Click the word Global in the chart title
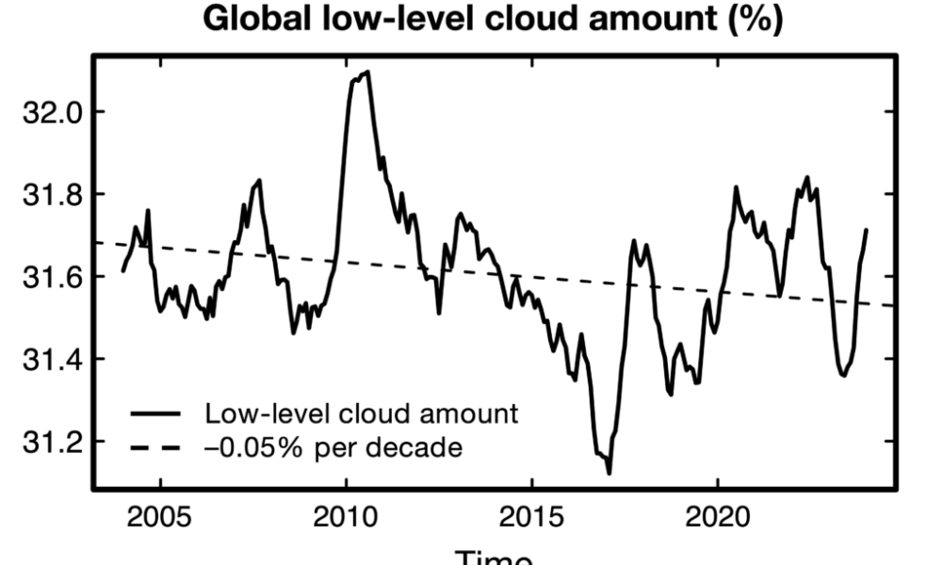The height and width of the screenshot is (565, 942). point(253,20)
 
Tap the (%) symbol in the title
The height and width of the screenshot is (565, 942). point(753,20)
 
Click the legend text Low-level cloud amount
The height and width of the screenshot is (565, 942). point(362,413)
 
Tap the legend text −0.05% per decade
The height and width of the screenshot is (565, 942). point(333,447)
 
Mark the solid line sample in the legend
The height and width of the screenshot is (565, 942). point(155,413)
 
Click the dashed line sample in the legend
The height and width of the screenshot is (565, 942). point(155,447)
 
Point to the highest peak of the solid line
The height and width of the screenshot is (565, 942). point(367,72)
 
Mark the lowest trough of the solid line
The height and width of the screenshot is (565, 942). point(609,473)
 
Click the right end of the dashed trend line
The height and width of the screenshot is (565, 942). point(894,306)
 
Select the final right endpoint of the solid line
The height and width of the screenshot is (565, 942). point(866,229)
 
